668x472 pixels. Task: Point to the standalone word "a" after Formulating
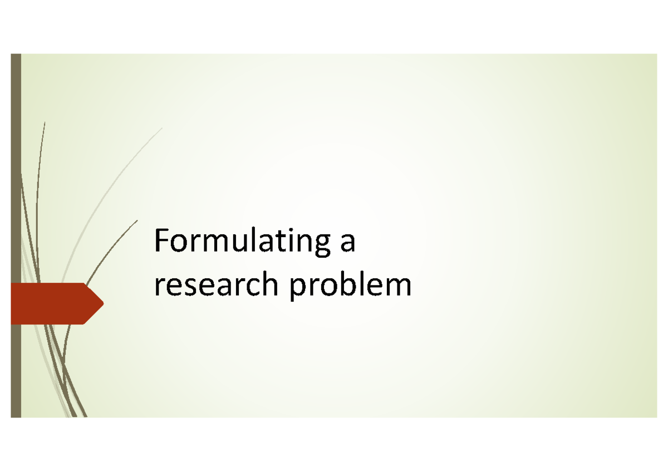pos(347,245)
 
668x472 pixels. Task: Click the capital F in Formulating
pos(162,241)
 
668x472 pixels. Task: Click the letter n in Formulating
pos(297,245)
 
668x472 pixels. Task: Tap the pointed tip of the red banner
pos(102,303)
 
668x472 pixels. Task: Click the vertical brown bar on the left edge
pos(16,167)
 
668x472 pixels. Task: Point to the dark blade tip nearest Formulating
pos(137,220)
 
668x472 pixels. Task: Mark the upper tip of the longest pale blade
pos(162,129)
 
